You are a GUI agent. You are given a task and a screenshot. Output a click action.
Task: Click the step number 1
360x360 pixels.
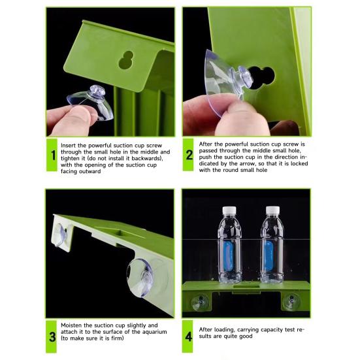tap(54, 155)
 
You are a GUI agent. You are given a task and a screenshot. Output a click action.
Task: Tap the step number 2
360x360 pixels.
tap(189, 155)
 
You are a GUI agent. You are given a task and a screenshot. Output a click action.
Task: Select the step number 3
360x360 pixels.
tap(52, 337)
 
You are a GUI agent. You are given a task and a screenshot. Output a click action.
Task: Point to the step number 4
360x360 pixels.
tap(189, 337)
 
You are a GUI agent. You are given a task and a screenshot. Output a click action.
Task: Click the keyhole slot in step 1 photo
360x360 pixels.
tap(126, 59)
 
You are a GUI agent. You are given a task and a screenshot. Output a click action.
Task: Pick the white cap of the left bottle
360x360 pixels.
tap(229, 210)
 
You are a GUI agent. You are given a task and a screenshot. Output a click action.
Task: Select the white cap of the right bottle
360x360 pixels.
tap(272, 210)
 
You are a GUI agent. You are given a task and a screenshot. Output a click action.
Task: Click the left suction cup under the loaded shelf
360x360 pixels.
tap(200, 302)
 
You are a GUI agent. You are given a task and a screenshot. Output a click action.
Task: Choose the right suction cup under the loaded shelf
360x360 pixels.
tap(291, 301)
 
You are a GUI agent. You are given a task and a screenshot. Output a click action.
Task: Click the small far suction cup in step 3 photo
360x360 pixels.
tap(61, 235)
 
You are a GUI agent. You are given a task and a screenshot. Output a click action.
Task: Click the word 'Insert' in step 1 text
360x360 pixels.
tap(68, 146)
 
